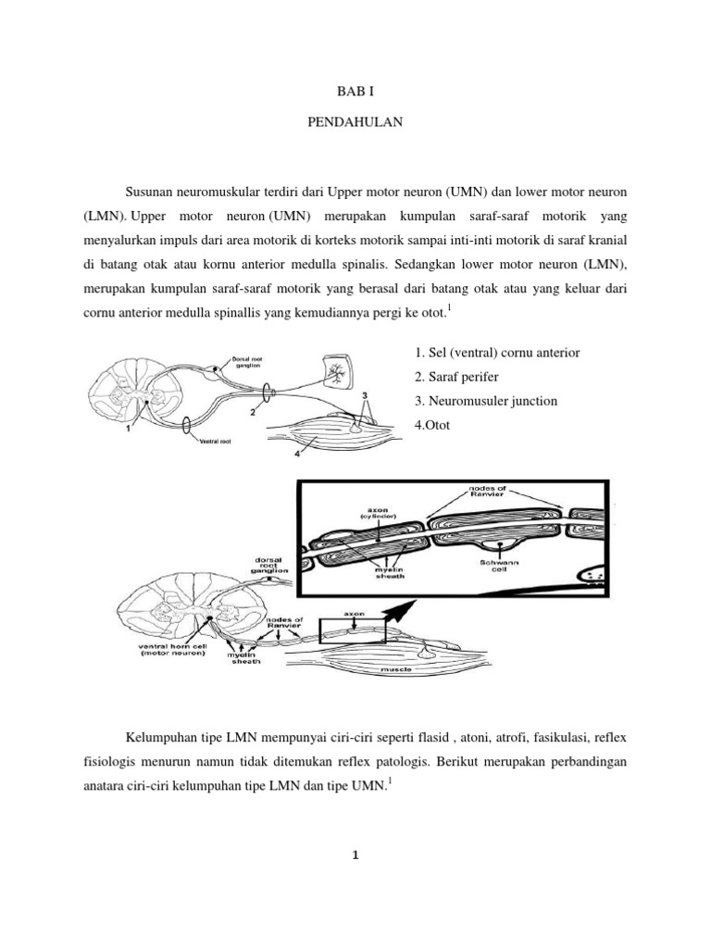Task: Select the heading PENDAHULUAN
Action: (x=355, y=132)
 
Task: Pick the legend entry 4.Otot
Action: (x=426, y=425)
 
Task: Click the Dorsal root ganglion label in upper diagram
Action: (x=249, y=361)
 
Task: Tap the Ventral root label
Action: (x=215, y=442)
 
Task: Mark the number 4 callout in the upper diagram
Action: (x=296, y=454)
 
